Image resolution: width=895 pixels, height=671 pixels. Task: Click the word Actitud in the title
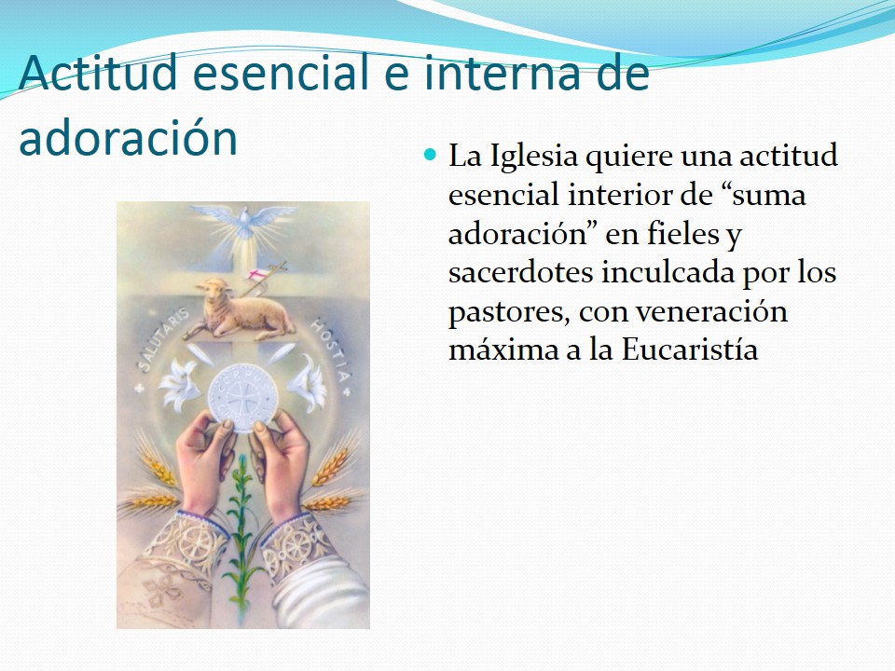point(98,73)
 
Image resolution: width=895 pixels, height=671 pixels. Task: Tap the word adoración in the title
point(128,138)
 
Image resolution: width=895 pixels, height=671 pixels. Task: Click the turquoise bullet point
point(430,154)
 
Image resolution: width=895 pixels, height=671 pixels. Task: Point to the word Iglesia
point(534,157)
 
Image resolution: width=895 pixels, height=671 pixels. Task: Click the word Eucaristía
point(690,349)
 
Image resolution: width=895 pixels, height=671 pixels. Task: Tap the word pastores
point(509,313)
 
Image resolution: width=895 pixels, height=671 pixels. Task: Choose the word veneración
point(711,311)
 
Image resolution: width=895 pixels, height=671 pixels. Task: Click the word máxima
point(503,349)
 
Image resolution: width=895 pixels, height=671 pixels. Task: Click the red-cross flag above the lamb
point(258,276)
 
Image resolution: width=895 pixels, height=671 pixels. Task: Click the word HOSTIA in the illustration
point(330,349)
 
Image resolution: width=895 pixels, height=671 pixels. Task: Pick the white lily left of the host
point(179,384)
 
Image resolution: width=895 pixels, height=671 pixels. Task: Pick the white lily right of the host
point(308,382)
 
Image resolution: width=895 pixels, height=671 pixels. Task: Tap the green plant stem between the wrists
point(242,530)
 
